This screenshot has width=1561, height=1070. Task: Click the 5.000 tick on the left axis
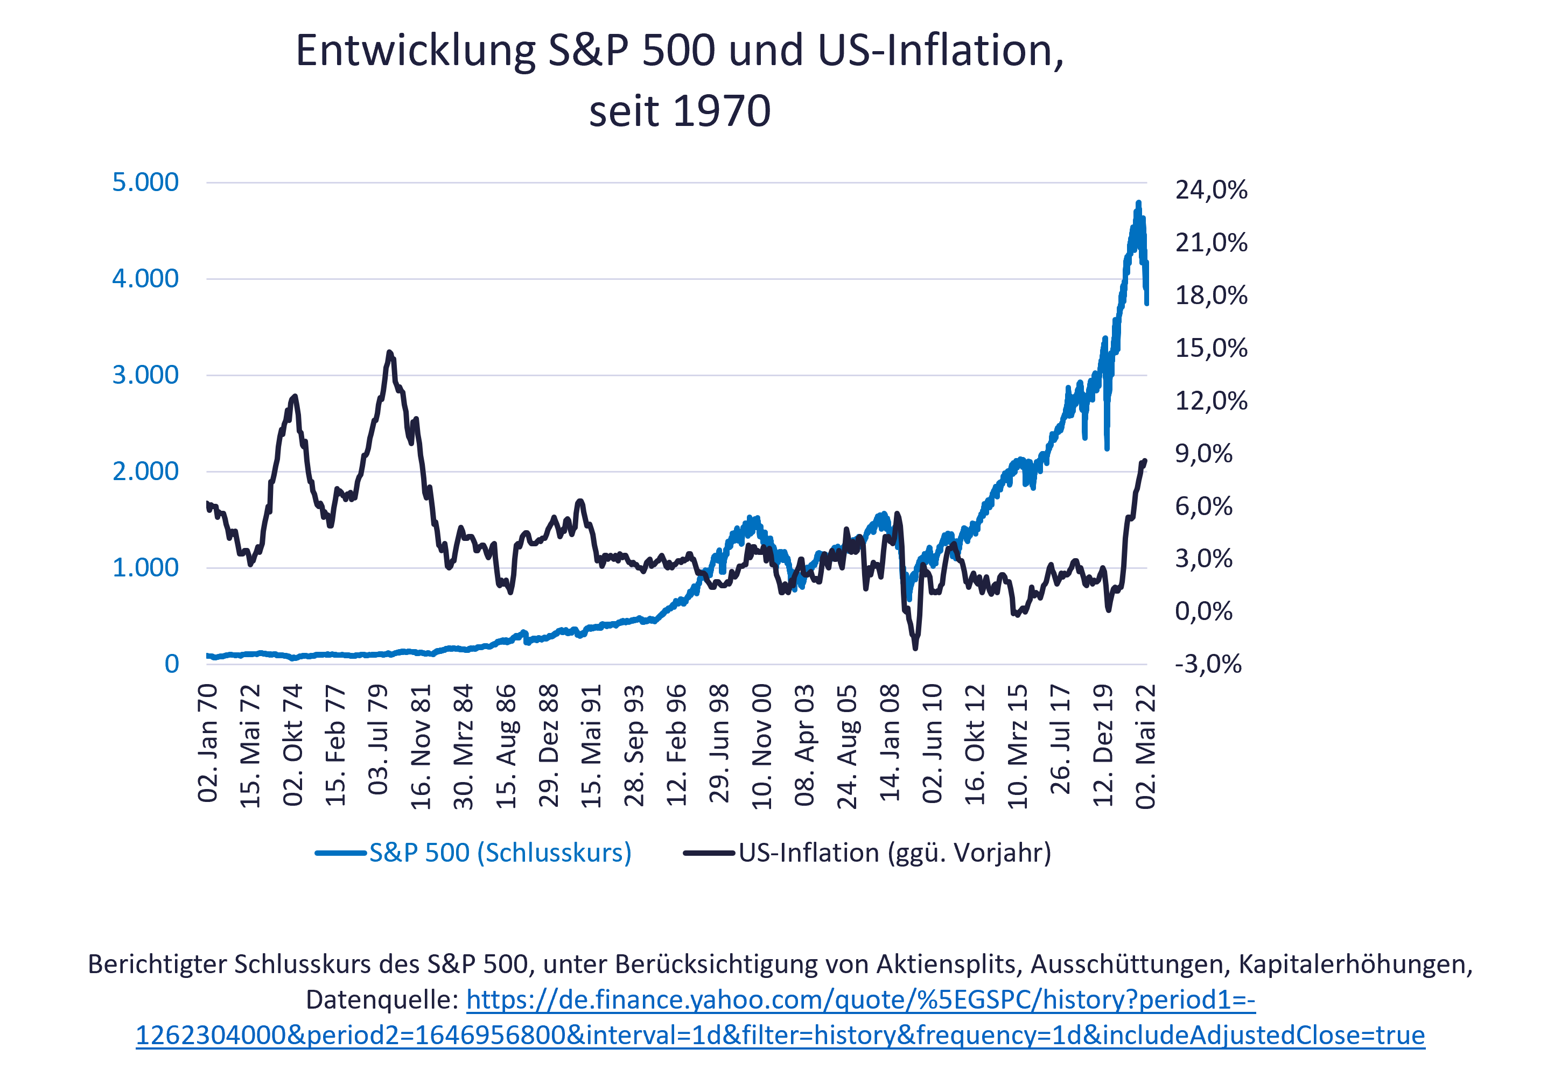(145, 182)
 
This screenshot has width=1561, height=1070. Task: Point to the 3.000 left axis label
(145, 375)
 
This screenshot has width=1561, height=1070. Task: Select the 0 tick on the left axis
(172, 664)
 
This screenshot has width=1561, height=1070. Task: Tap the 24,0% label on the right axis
(1211, 190)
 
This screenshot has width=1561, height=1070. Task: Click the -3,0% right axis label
(1208, 664)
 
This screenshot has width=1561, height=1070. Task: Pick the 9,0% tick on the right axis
(1203, 454)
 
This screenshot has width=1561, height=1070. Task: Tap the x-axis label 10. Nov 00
(762, 747)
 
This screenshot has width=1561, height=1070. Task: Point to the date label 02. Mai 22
(1145, 747)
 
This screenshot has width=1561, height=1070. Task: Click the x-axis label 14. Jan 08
(890, 743)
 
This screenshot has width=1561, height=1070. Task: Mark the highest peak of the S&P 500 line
(1138, 202)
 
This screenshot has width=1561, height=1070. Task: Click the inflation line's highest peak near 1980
(390, 352)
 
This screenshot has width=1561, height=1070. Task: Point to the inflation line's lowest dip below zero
(915, 648)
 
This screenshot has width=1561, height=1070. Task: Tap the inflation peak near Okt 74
(293, 396)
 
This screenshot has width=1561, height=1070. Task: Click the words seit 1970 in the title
(679, 111)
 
